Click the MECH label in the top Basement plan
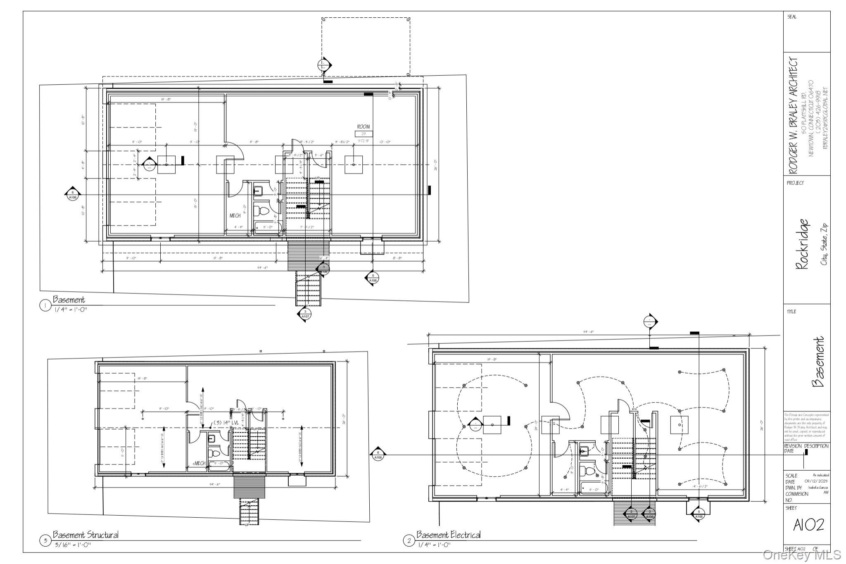tap(235, 216)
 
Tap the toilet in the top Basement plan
tap(262, 211)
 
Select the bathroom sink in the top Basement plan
tap(258, 191)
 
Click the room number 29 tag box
tap(364, 134)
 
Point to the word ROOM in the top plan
tap(364, 127)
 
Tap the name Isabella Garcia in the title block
tap(816, 488)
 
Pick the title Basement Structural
tap(86, 535)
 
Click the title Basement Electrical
tap(448, 535)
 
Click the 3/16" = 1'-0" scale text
tap(73, 545)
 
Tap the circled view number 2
tap(409, 540)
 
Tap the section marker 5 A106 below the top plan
tap(373, 278)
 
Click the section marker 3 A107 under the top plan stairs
tap(305, 314)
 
